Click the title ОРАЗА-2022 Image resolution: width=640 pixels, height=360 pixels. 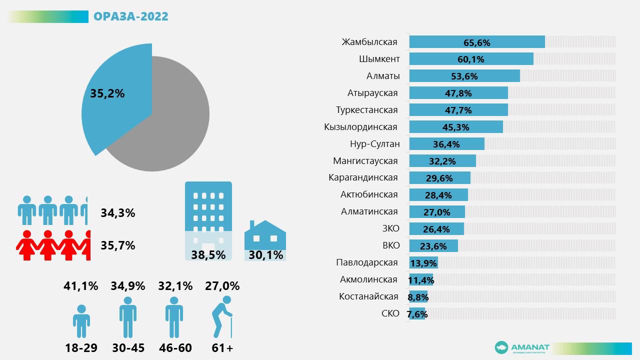[x=131, y=16]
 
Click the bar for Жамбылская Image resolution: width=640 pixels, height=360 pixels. [x=476, y=42]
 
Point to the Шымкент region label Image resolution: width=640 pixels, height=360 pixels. [x=379, y=59]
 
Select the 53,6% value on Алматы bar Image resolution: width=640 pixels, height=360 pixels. [x=464, y=76]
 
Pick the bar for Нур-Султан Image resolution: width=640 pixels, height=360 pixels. [x=446, y=144]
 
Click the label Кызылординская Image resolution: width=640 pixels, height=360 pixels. [x=360, y=127]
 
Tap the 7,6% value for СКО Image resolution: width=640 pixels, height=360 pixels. [x=417, y=314]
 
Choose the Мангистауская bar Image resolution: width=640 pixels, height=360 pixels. [x=442, y=161]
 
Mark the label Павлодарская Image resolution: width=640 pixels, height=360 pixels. [x=367, y=262]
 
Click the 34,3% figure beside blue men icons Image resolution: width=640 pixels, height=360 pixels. [x=118, y=213]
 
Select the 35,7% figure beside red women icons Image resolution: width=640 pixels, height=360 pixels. [x=118, y=245]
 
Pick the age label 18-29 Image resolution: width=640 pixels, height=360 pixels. [x=81, y=348]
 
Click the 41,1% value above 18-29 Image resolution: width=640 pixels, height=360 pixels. [x=81, y=286]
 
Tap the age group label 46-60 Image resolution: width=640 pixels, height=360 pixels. [x=175, y=348]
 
